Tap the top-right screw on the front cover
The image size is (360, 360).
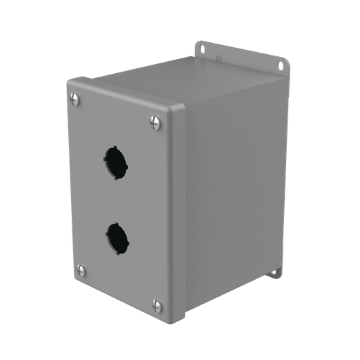(x=156, y=122)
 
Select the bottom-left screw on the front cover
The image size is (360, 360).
(x=81, y=269)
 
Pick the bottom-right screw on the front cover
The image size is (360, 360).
(x=157, y=305)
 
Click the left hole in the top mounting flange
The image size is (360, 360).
(x=202, y=49)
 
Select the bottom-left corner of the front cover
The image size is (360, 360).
(x=76, y=279)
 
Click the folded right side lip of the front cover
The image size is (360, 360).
(x=178, y=211)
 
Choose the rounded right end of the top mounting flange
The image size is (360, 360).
(x=284, y=67)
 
